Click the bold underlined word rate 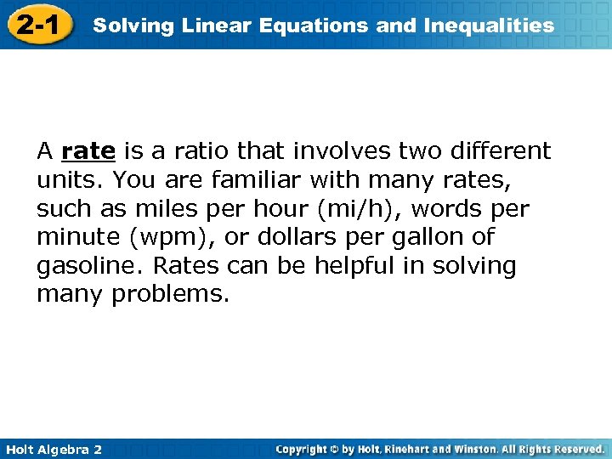(x=88, y=152)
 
